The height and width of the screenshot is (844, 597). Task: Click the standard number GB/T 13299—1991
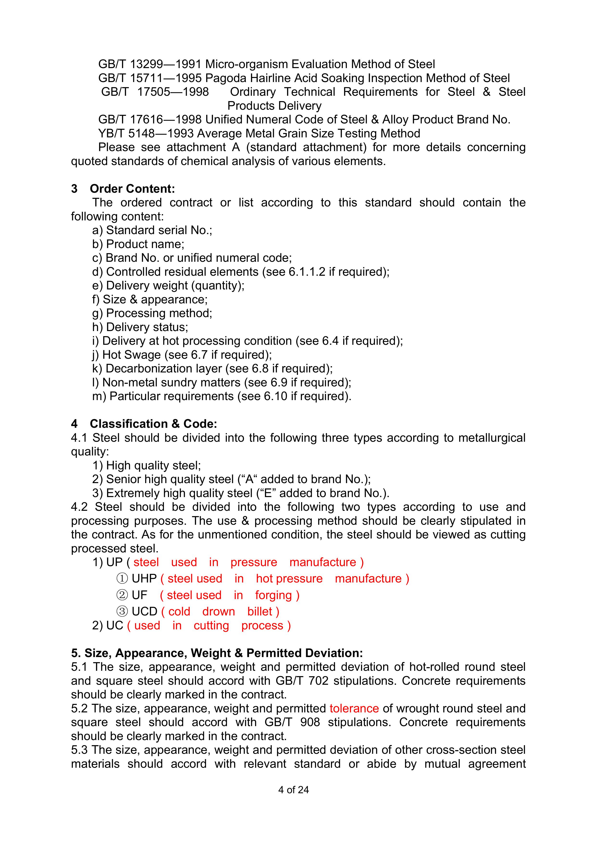[x=150, y=64]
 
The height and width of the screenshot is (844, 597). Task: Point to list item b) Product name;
[x=138, y=244]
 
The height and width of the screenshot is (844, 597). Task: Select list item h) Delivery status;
[x=140, y=327]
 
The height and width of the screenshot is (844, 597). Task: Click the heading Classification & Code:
[x=153, y=424]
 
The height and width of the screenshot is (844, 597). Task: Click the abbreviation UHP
[x=144, y=579]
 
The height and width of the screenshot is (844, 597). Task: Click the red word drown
[x=218, y=612]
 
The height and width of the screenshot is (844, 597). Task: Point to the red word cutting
[x=211, y=626]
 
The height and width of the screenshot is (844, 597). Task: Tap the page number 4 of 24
[x=293, y=790]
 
